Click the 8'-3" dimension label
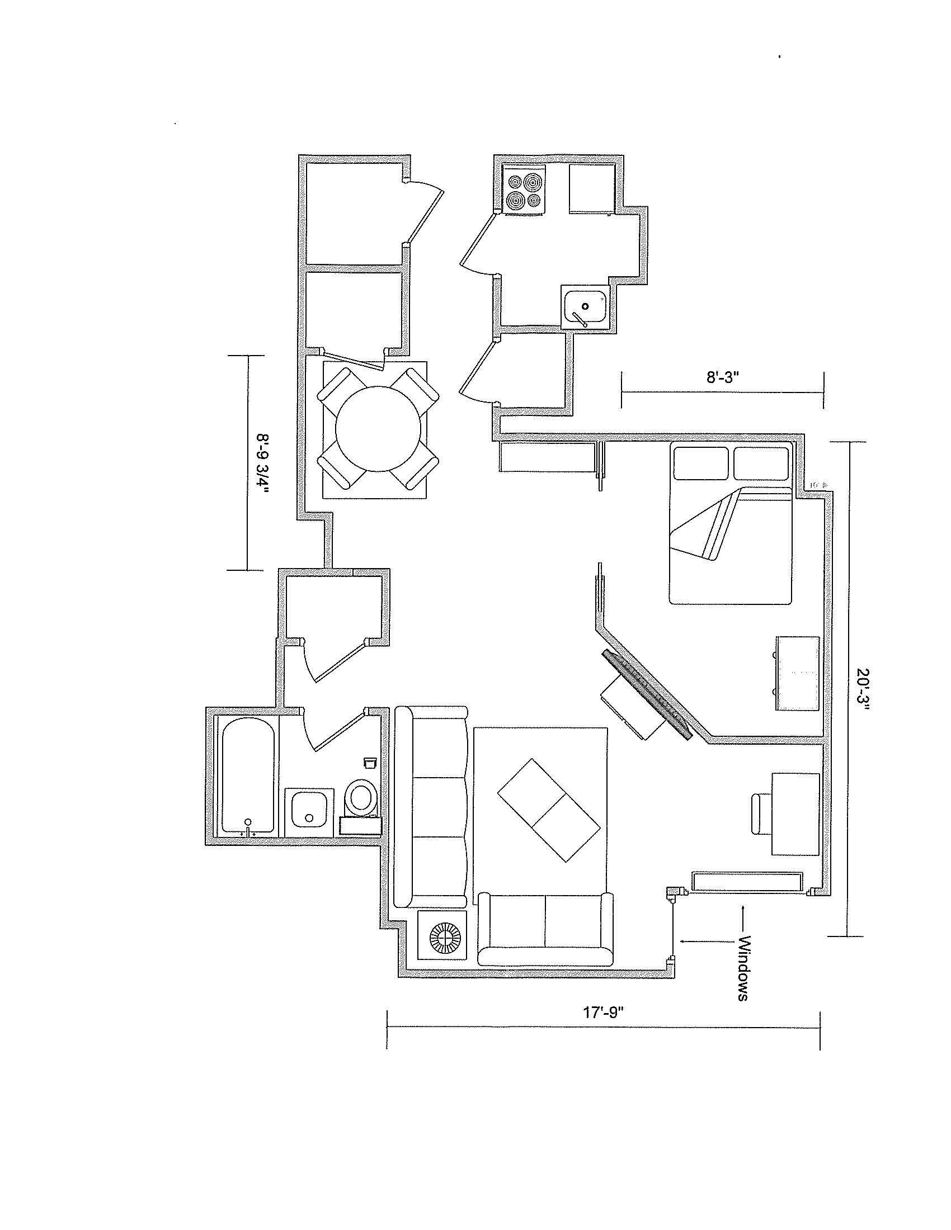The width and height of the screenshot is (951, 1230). [x=722, y=377]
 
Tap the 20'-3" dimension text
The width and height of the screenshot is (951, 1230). [x=863, y=690]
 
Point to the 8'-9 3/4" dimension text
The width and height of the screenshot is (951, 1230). [x=262, y=463]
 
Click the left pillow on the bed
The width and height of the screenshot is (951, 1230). [x=702, y=463]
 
